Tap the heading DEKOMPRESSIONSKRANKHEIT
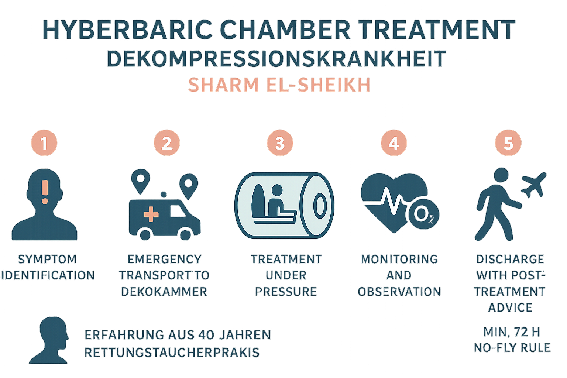[x=276, y=59]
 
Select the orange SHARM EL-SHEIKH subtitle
[x=279, y=85]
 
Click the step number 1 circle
[x=44, y=143]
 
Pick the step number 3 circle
[x=280, y=143]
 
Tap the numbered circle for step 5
[x=508, y=143]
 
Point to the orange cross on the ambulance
[x=151, y=214]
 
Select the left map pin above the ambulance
[x=141, y=181]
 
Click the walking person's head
[x=501, y=175]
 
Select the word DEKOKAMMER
[x=164, y=292]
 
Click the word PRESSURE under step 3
[x=286, y=292]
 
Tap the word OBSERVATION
[x=399, y=292]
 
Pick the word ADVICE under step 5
[x=510, y=308]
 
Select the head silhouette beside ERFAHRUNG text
[x=49, y=340]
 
